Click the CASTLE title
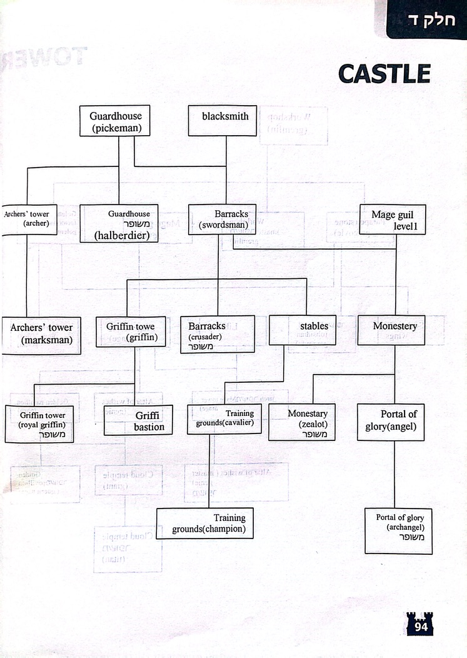click(384, 74)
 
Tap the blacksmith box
click(223, 121)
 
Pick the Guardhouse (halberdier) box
click(119, 223)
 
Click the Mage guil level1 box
click(392, 220)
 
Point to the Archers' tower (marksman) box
click(41, 335)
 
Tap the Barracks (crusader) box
click(218, 334)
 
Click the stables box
click(303, 330)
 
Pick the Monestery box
click(391, 330)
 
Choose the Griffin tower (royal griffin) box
click(39, 423)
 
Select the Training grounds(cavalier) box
click(224, 419)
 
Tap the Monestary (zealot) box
click(302, 422)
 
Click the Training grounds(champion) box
click(205, 524)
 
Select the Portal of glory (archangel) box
click(398, 530)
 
